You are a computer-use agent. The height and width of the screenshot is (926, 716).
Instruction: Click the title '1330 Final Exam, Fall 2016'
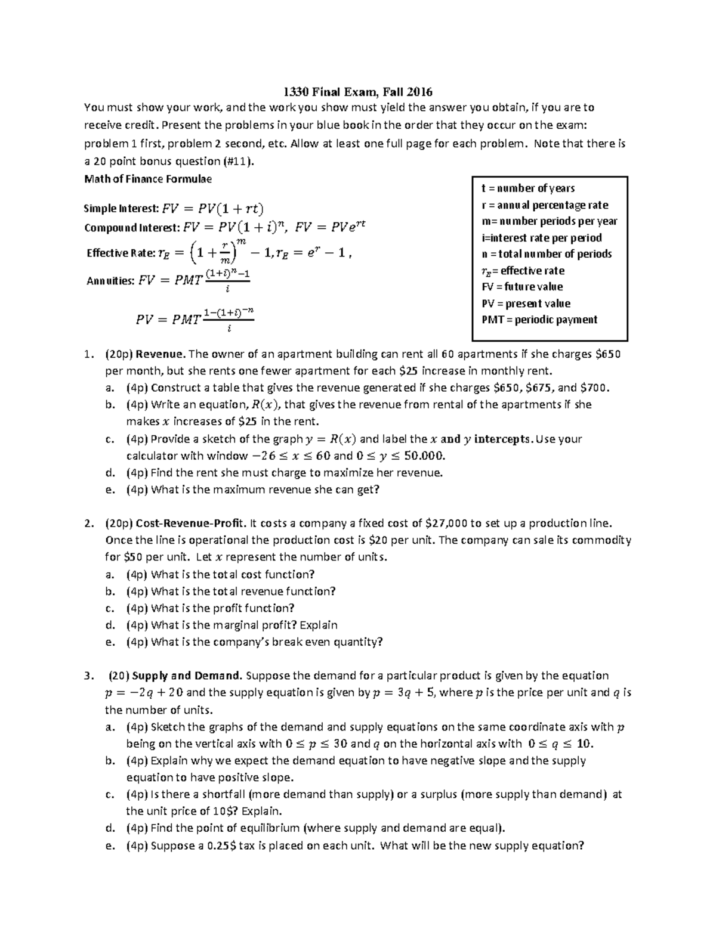pyautogui.click(x=357, y=92)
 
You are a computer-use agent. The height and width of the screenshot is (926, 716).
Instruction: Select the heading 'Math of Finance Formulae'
pyautogui.click(x=148, y=178)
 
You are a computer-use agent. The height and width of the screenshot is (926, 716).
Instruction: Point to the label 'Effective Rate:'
pyautogui.click(x=120, y=253)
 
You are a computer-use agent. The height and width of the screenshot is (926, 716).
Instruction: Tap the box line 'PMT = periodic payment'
pyautogui.click(x=539, y=320)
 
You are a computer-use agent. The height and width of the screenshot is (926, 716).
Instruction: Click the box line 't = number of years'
pyautogui.click(x=527, y=188)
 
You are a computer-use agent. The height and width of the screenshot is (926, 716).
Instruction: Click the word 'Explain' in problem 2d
pyautogui.click(x=318, y=625)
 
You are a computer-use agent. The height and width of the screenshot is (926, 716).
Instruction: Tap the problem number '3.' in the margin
pyautogui.click(x=89, y=676)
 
